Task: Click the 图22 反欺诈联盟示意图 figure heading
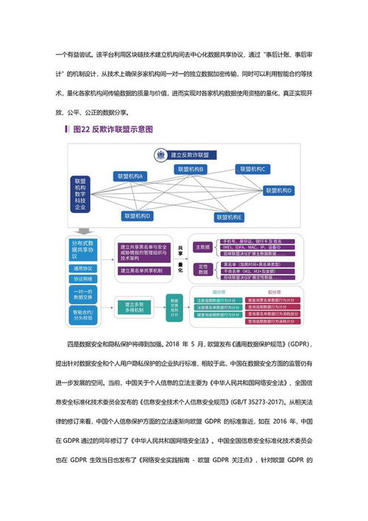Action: (x=110, y=129)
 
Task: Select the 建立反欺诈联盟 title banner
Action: (x=190, y=155)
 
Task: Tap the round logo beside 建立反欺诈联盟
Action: (x=160, y=155)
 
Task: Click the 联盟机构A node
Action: (x=130, y=176)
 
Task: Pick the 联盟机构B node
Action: (x=191, y=169)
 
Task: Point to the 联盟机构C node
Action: (x=252, y=169)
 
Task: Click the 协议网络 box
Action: (x=85, y=280)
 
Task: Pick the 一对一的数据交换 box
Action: (x=85, y=296)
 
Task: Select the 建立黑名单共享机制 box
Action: (x=141, y=271)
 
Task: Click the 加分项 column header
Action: (x=219, y=293)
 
